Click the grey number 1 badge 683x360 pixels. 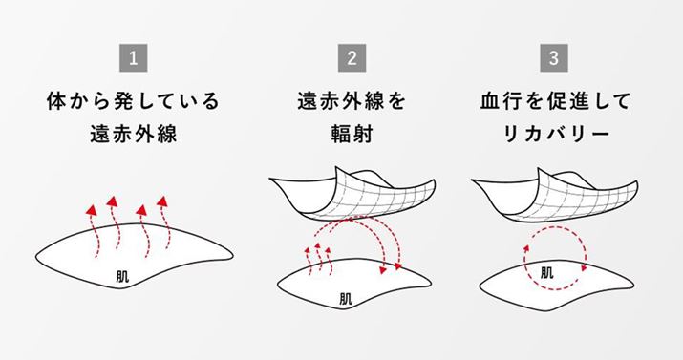tap(134, 58)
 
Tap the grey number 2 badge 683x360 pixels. tap(352, 58)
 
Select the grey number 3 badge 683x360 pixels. tap(554, 58)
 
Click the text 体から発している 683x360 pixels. tap(134, 101)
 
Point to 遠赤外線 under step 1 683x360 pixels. tap(134, 133)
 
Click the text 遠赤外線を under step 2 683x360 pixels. tap(352, 101)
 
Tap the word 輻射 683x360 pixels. tap(352, 133)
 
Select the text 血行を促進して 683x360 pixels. tap(555, 101)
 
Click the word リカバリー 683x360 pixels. tap(555, 133)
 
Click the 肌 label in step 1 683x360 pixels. tap(122, 276)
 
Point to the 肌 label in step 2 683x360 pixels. tap(346, 298)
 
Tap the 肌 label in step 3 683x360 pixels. tap(547, 272)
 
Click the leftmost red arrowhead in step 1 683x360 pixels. tap(91, 210)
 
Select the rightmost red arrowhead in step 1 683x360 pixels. tap(162, 201)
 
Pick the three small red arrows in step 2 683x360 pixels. tap(317, 260)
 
